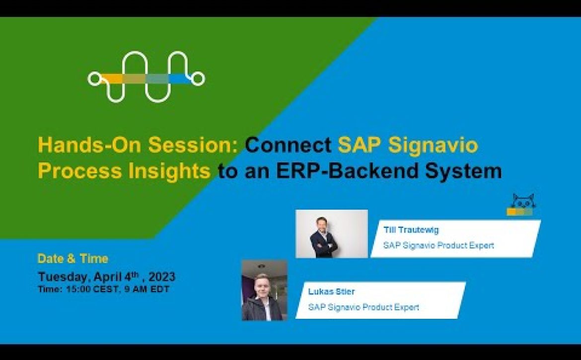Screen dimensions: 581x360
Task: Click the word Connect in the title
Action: [288, 145]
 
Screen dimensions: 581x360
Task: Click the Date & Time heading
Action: [73, 259]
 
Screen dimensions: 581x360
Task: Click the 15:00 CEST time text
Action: [93, 289]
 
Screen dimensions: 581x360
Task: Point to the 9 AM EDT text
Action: [146, 289]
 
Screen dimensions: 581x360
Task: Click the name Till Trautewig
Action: [411, 230]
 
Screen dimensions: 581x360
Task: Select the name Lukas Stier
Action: [331, 291]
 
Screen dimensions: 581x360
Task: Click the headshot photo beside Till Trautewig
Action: [332, 234]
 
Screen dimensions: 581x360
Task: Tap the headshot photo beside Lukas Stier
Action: [265, 290]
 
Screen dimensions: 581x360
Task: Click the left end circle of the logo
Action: [94, 78]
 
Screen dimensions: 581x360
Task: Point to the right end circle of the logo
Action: [198, 78]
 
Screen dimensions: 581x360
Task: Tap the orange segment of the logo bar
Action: [111, 78]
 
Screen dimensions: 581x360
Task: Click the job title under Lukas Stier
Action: [363, 307]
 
